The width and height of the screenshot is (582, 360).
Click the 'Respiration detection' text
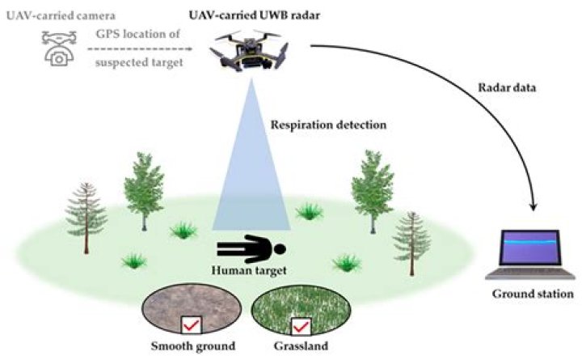(x=329, y=125)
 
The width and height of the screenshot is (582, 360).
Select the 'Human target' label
(x=250, y=271)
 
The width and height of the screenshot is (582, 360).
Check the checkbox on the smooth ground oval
(x=192, y=325)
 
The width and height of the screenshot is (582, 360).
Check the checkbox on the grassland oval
(x=302, y=326)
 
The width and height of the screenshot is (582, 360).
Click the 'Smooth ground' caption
(x=192, y=347)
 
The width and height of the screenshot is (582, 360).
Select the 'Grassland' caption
(x=302, y=347)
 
